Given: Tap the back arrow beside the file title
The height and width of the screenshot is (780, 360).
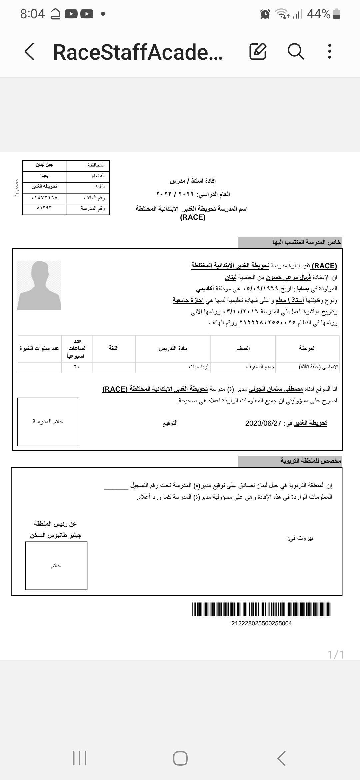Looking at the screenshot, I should [x=30, y=52].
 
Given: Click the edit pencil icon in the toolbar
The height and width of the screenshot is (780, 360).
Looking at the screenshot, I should [x=258, y=51].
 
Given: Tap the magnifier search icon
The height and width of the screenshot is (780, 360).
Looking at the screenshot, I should [x=296, y=51].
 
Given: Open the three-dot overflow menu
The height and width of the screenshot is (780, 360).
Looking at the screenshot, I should [x=329, y=51].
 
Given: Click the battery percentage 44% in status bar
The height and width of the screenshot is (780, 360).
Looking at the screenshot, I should [x=319, y=14].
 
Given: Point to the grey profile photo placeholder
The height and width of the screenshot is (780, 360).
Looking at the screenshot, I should [x=39, y=286].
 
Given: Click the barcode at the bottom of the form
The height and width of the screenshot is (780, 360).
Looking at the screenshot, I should [x=261, y=609].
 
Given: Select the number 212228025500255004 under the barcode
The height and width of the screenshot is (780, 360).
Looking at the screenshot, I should [x=261, y=623].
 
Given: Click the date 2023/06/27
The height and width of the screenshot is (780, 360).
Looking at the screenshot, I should [x=263, y=423].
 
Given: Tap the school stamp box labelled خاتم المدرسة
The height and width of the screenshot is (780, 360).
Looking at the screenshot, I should [x=48, y=422].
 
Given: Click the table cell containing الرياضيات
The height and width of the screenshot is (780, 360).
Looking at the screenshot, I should [x=199, y=367].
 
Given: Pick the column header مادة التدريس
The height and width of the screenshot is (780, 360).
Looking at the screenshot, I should [x=173, y=348].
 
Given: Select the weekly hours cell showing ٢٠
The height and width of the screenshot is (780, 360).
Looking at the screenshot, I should [x=77, y=367].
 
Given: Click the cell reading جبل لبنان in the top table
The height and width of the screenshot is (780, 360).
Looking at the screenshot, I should [x=44, y=165].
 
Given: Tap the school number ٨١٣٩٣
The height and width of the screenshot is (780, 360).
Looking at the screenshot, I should [x=44, y=208].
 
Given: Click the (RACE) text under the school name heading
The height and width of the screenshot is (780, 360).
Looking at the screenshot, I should [x=193, y=217].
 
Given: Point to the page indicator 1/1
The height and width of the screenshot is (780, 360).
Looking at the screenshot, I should [x=336, y=655].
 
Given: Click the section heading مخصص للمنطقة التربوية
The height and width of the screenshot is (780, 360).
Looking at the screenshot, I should [x=310, y=461].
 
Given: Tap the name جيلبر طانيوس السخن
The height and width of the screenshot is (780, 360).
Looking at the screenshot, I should [x=56, y=535].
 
